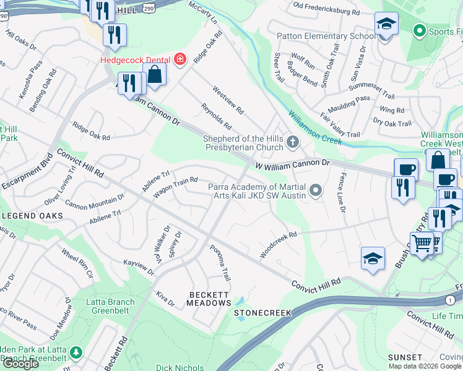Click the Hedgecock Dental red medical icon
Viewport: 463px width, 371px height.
[x=180, y=59]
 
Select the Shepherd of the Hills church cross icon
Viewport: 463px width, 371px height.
[x=293, y=143]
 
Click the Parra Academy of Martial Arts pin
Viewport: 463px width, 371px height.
[x=316, y=190]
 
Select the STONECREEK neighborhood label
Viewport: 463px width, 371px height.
[x=262, y=313]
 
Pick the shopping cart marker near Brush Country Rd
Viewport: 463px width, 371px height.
[x=422, y=243]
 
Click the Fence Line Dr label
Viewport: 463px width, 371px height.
[x=340, y=192]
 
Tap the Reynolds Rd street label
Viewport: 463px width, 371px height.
[x=214, y=116]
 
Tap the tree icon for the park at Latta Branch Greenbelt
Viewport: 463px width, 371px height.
[x=76, y=352]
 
